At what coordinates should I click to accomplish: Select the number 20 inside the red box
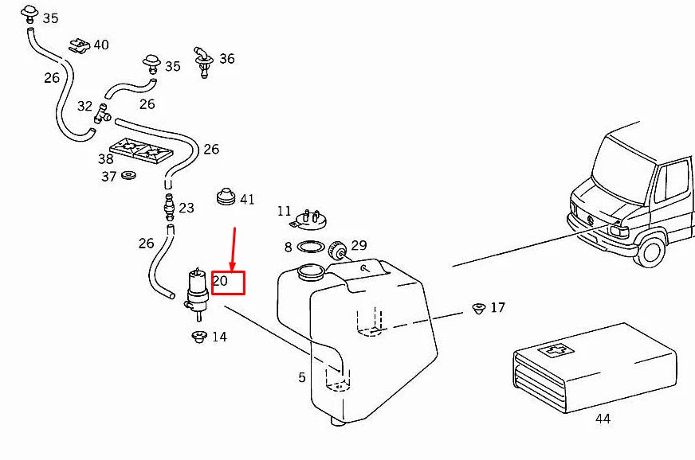222,281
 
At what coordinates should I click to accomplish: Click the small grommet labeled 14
199,337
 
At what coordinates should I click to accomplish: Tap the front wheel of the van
651,251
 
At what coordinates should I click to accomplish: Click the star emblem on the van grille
590,220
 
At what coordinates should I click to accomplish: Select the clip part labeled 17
478,307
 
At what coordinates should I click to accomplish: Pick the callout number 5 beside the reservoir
302,377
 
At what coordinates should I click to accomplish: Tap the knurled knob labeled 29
338,253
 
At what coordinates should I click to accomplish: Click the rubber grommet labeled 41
226,197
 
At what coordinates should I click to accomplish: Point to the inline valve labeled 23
168,206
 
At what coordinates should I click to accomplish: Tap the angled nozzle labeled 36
202,62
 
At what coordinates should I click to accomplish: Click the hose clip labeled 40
79,45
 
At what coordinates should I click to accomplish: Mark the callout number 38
106,158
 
